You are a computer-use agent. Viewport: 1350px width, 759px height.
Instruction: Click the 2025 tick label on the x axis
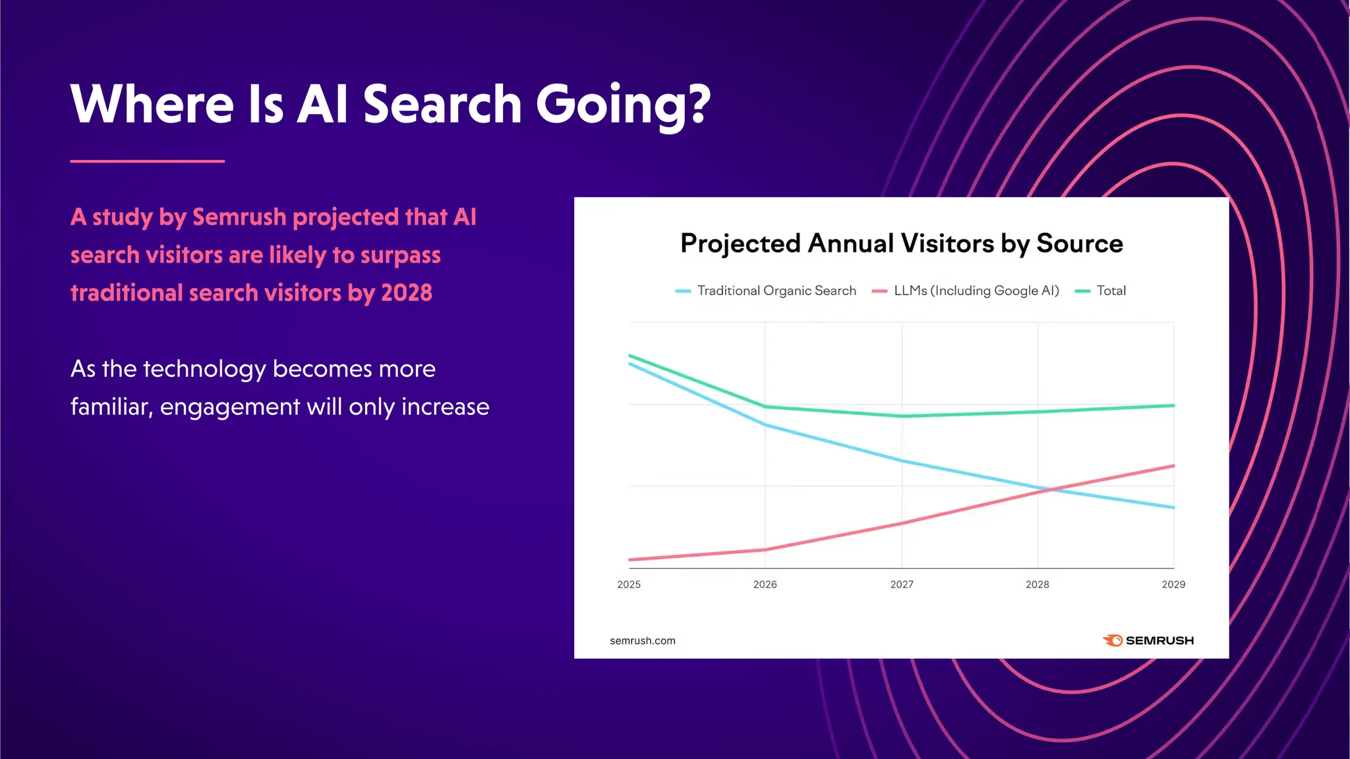point(628,584)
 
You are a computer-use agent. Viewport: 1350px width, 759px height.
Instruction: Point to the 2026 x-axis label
point(765,584)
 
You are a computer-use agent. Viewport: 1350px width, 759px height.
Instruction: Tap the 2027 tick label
point(902,584)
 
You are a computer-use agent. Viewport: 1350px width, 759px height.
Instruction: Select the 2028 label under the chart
point(1037,584)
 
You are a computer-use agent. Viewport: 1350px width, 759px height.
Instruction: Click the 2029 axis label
point(1173,584)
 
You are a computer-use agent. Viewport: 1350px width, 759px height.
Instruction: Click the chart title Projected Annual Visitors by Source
point(901,243)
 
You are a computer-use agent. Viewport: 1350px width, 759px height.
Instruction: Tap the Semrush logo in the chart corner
point(1148,640)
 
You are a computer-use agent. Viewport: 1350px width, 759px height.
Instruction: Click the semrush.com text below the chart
point(642,640)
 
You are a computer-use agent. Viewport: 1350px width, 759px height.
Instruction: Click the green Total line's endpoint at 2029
point(1173,406)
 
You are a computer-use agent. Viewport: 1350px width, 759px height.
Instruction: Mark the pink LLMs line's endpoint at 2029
point(1173,466)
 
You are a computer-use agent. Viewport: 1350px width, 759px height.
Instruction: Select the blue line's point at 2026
point(765,425)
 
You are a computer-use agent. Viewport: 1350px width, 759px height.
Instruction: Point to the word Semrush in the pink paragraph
point(239,217)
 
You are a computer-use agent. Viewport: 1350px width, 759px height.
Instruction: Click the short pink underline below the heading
point(147,161)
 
